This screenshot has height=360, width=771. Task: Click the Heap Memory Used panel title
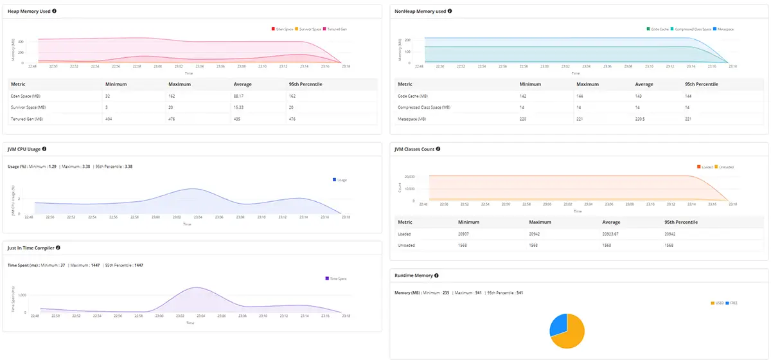pos(29,12)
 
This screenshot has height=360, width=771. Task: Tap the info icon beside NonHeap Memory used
pos(450,11)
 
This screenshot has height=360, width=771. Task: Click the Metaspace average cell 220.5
pos(642,119)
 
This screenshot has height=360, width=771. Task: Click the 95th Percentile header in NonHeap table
pos(701,84)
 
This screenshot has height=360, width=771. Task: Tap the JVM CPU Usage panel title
pos(24,149)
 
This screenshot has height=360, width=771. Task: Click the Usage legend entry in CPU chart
pos(340,180)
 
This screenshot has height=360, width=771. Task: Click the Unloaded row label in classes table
pos(407,246)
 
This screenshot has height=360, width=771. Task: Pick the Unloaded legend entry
pos(724,167)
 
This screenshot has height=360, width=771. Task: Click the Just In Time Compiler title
pos(31,248)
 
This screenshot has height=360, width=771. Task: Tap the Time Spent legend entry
pos(337,278)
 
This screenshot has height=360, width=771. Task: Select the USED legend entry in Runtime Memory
pos(718,302)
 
